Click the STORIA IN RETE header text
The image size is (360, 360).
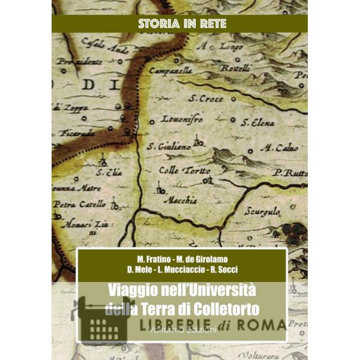(x=179, y=24)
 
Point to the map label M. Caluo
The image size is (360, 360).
(x=277, y=148)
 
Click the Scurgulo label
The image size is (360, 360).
(x=262, y=211)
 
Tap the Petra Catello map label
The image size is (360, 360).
(x=80, y=204)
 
